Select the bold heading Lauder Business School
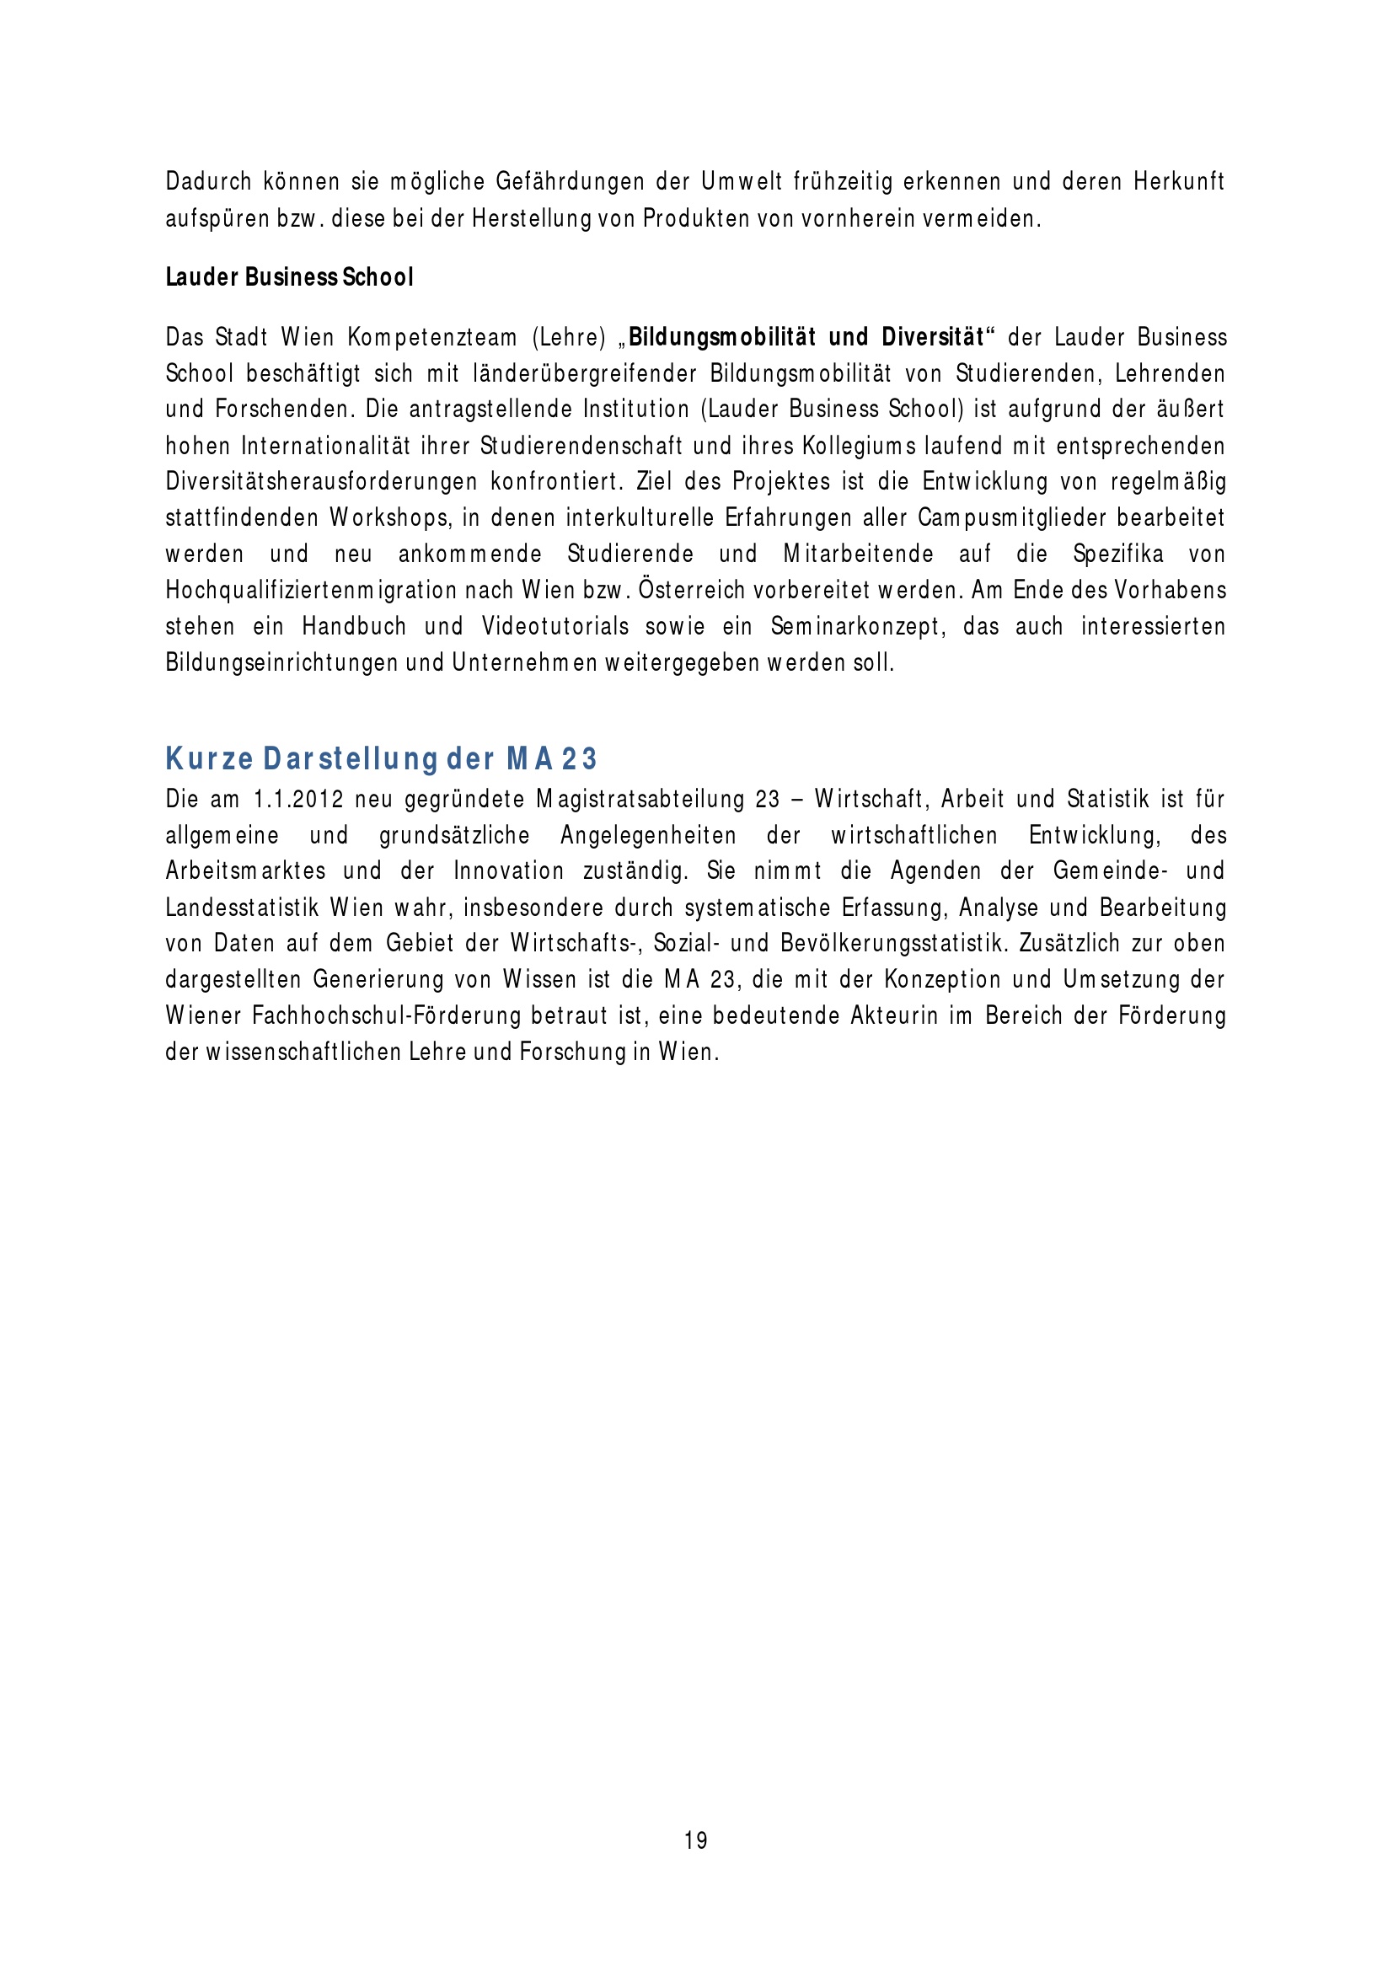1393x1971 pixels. point(289,277)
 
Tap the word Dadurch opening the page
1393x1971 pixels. point(208,182)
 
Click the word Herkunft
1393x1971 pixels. point(1178,182)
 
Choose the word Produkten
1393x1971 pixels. point(696,219)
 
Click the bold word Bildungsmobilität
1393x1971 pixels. point(721,337)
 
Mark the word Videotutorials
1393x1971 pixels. point(555,627)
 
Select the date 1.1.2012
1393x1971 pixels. point(297,799)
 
